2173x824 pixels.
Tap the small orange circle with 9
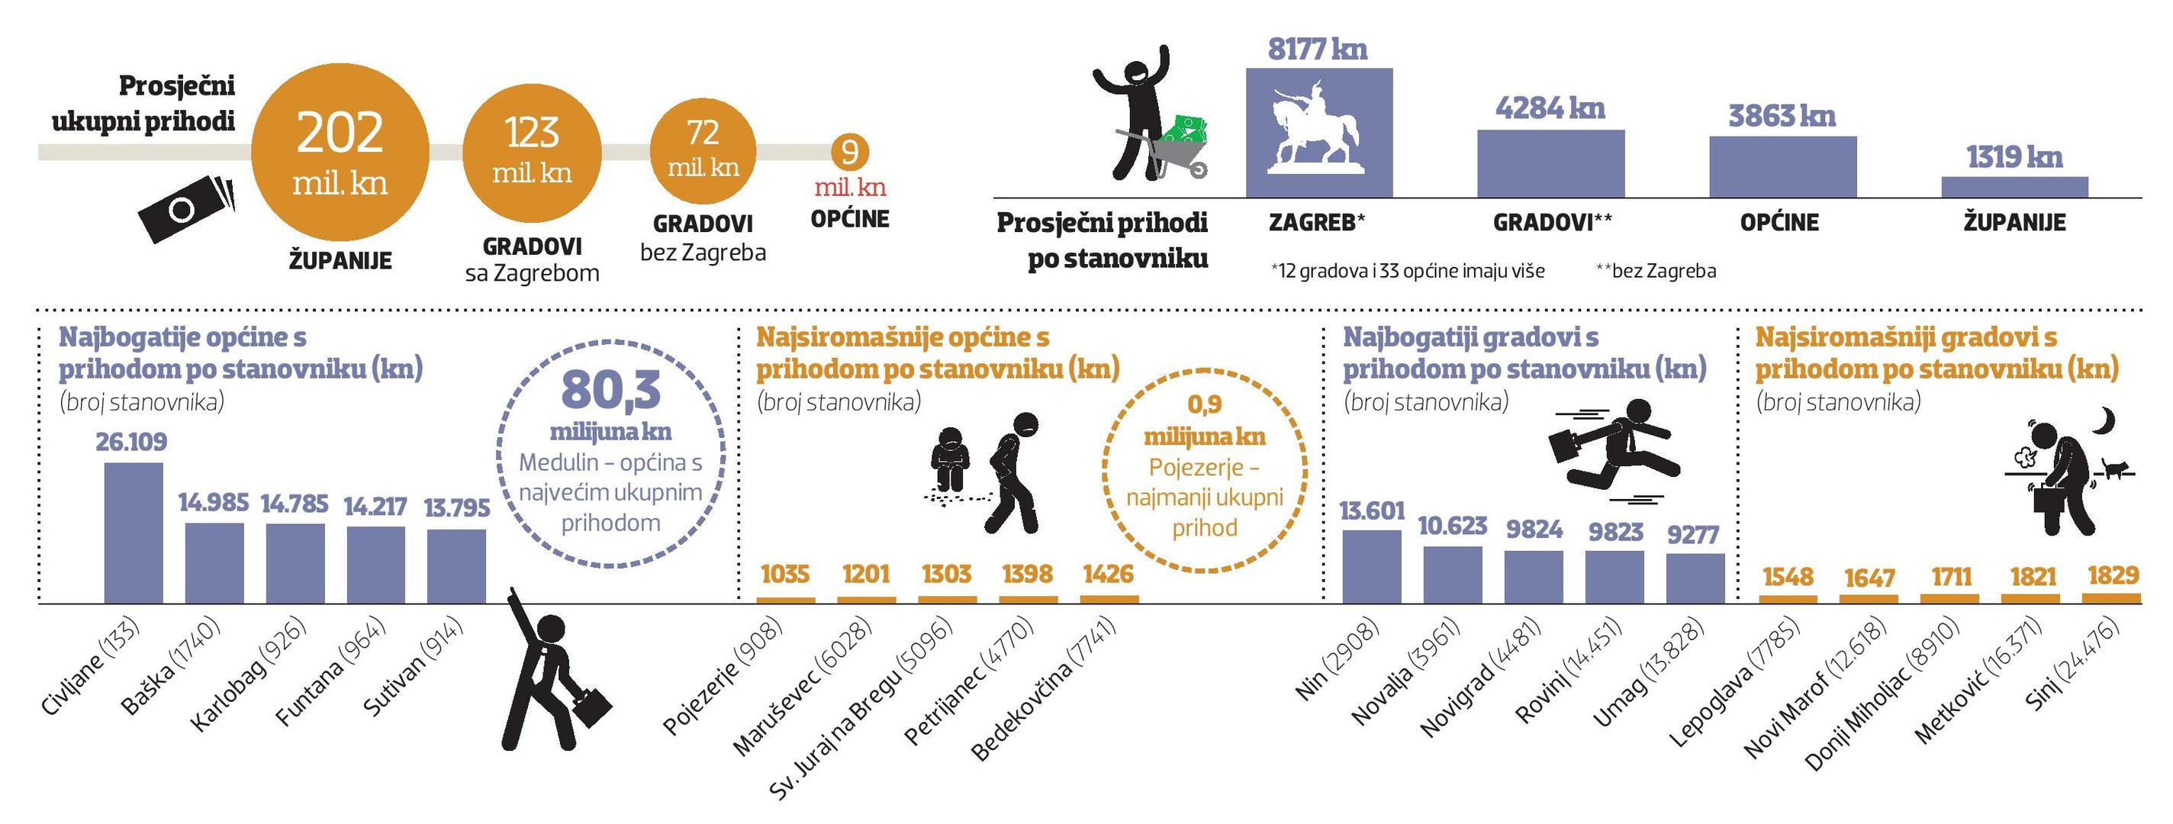[x=849, y=153]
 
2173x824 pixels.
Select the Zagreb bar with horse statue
[x=1318, y=134]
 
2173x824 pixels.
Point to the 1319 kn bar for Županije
[x=2014, y=187]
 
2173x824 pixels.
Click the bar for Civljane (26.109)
[x=134, y=533]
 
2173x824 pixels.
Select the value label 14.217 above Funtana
[x=375, y=506]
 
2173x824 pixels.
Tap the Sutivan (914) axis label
[x=414, y=666]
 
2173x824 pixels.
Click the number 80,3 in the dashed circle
[x=610, y=390]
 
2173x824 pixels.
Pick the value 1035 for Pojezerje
[x=784, y=575]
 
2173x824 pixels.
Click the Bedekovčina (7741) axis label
[x=1043, y=687]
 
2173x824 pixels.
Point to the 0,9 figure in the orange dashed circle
[x=1205, y=405]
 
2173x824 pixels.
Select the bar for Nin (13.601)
[x=1372, y=567]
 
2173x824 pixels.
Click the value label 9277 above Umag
[x=1693, y=535]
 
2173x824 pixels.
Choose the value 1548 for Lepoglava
[x=1788, y=577]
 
